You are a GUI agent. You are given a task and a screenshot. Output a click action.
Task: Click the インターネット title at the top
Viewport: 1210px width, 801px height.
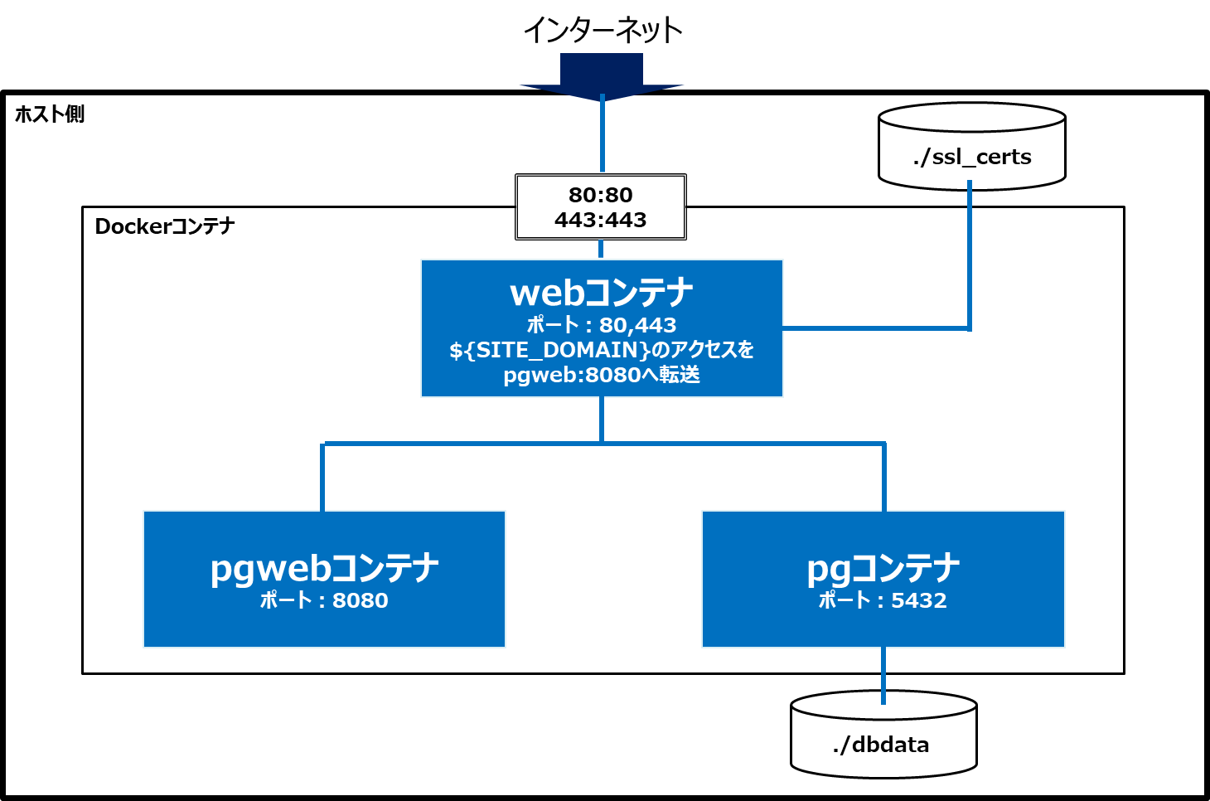point(603,31)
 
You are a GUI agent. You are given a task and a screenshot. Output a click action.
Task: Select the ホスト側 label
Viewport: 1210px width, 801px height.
point(50,114)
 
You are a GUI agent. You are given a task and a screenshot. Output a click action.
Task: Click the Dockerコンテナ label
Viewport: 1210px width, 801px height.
point(165,226)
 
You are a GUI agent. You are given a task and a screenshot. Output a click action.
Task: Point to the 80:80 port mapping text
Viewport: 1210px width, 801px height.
point(601,195)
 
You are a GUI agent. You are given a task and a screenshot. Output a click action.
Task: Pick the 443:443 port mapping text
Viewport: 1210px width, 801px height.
point(601,220)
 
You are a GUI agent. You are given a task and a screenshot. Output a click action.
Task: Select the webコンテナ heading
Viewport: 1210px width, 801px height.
point(602,293)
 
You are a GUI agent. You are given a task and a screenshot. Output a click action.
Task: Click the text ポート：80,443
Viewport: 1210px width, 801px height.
point(602,325)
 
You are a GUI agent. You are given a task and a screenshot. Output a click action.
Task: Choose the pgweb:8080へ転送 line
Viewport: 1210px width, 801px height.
point(602,375)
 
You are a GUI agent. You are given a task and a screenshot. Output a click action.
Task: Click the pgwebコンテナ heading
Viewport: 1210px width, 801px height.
point(324,568)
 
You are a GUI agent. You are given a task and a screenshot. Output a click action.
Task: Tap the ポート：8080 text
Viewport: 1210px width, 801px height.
point(324,600)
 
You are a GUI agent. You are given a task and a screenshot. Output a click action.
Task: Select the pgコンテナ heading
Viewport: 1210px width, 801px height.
point(883,568)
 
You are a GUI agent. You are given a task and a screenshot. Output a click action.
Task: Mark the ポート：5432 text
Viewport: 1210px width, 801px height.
point(883,600)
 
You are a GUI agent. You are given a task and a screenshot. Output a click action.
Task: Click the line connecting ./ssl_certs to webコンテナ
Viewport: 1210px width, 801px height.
point(969,265)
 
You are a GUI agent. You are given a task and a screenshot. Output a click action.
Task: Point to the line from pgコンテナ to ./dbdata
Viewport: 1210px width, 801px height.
point(883,673)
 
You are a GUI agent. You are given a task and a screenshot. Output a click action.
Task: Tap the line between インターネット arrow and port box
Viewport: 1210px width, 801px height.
point(602,137)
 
